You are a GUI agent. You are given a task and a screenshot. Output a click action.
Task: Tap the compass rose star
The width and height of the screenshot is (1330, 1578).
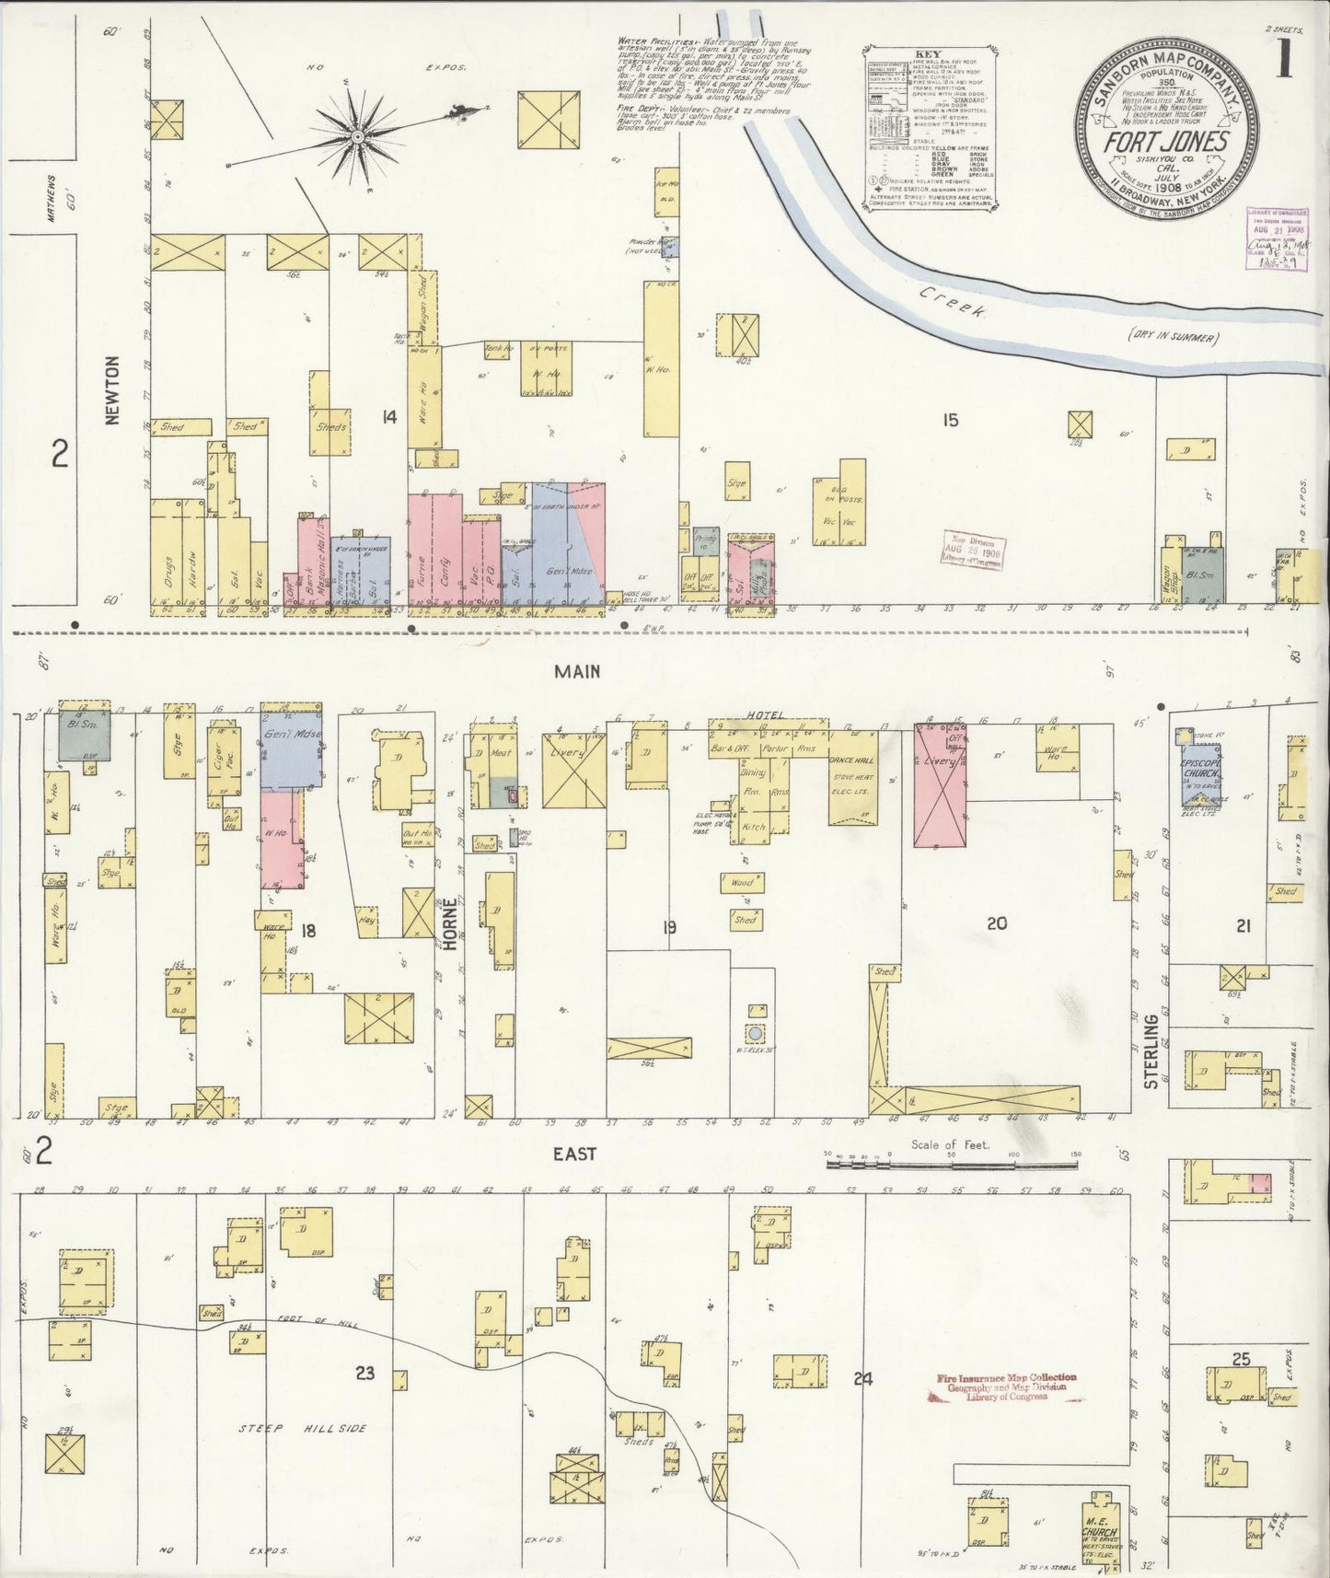pyautogui.click(x=357, y=137)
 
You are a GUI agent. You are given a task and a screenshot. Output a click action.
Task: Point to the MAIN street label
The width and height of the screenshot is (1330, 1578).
pyautogui.click(x=577, y=672)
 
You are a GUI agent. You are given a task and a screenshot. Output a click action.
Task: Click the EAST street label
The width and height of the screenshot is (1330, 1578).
pyautogui.click(x=575, y=1154)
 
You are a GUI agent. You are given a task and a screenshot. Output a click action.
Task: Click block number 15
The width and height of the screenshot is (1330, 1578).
pyautogui.click(x=949, y=420)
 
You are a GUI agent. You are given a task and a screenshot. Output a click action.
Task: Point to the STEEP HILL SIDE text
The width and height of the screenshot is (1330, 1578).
pyautogui.click(x=302, y=1428)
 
